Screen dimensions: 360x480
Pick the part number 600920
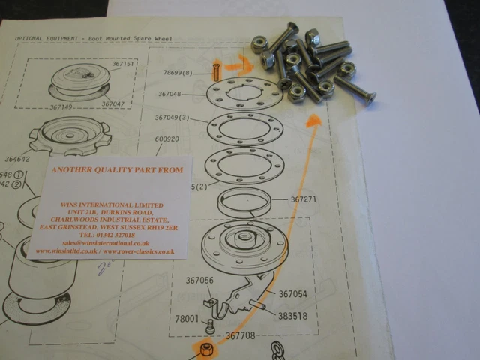pyautogui.click(x=169, y=139)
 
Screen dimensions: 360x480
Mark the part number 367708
pyautogui.click(x=242, y=335)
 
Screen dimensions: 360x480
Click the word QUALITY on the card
pyautogui.click(x=120, y=170)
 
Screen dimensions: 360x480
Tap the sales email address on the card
pyautogui.click(x=109, y=243)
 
